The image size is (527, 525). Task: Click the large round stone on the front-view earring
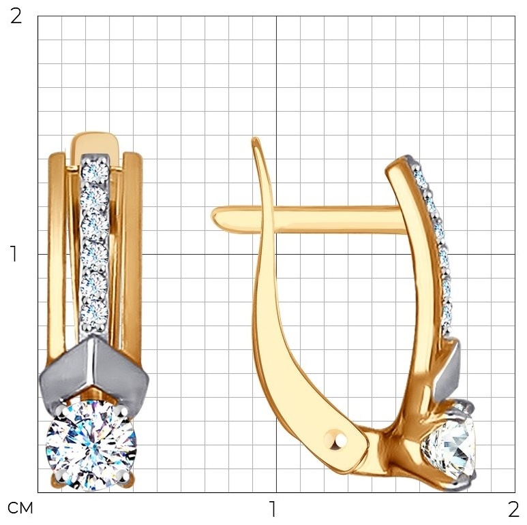91,445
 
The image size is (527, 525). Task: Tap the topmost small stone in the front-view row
95,172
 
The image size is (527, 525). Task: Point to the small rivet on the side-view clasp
335,440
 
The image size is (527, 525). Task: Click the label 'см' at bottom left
20,508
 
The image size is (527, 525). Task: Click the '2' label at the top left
16,16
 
